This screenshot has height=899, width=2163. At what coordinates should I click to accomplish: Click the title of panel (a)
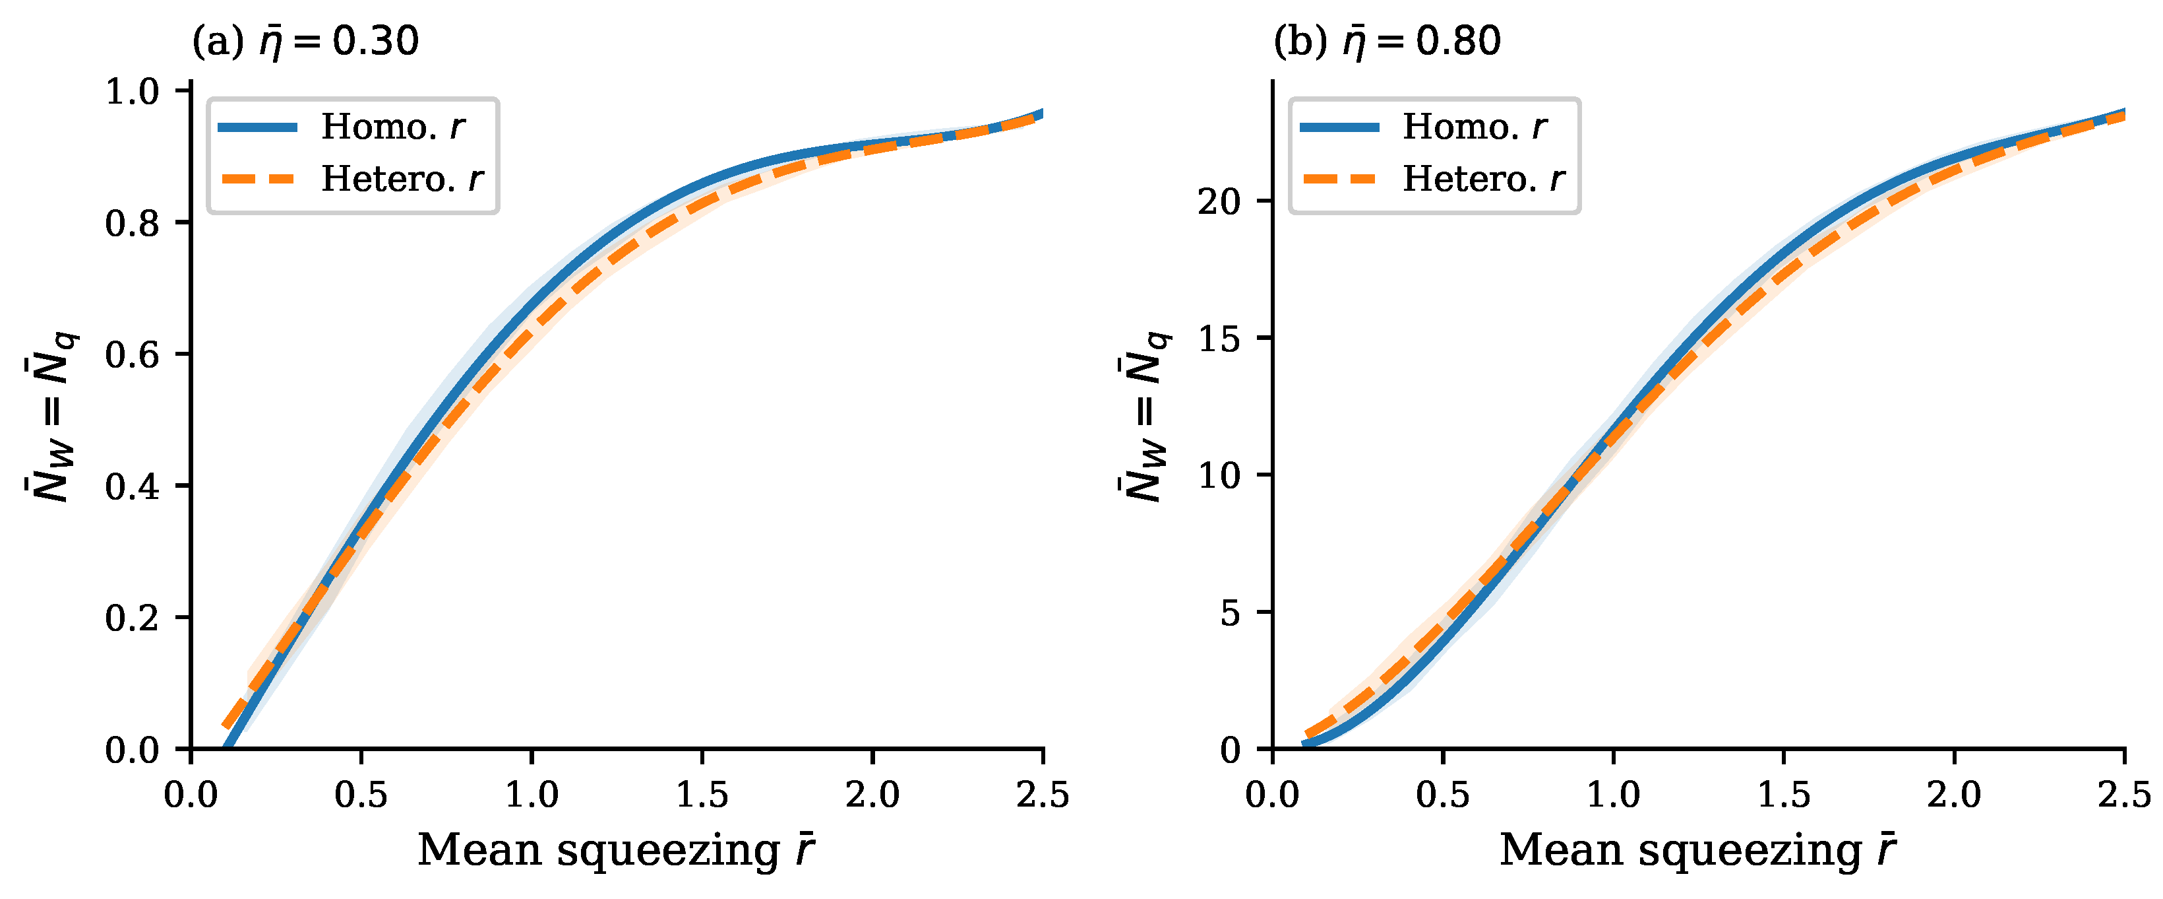tap(305, 40)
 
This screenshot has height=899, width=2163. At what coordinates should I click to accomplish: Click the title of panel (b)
tap(1387, 40)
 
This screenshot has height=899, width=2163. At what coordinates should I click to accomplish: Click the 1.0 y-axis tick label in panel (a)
tap(132, 90)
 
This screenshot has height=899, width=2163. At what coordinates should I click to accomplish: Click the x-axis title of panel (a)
tap(617, 850)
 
